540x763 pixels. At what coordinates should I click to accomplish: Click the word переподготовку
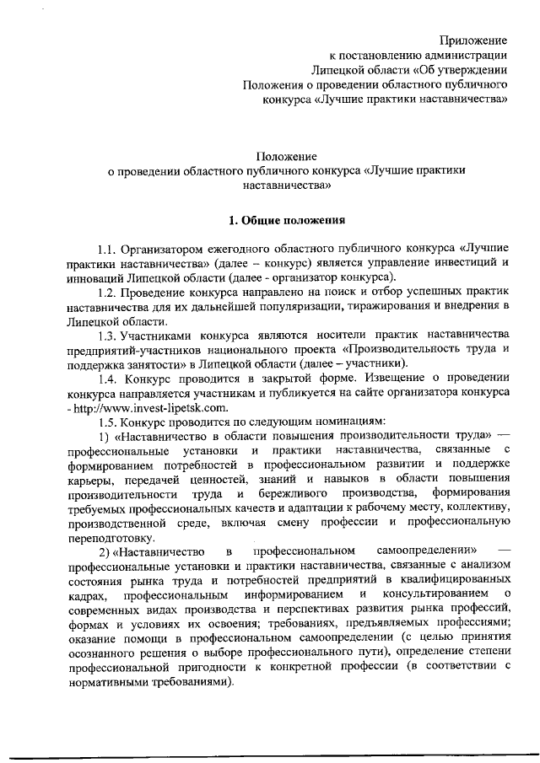[x=111, y=538]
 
